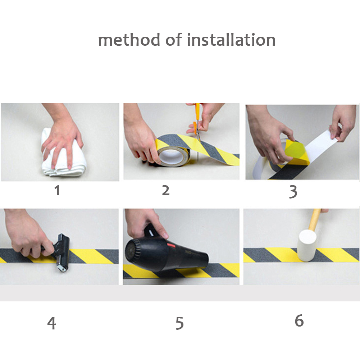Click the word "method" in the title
(129, 40)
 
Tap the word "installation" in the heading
(231, 40)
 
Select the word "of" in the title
(173, 40)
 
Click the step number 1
(57, 190)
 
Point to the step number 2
(166, 190)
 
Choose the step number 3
(293, 192)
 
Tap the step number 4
(52, 323)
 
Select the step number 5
(179, 323)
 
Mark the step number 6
(299, 320)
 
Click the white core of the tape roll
(171, 156)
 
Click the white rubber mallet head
(307, 246)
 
